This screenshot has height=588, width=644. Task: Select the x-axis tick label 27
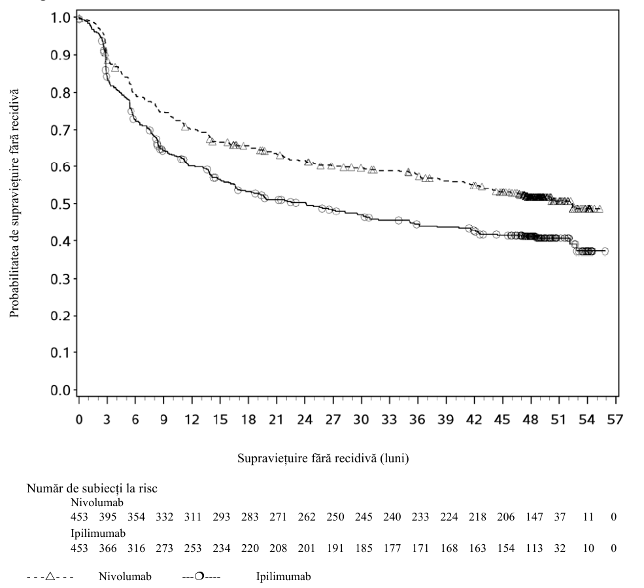click(x=333, y=420)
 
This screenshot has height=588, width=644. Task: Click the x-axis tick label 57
click(x=615, y=420)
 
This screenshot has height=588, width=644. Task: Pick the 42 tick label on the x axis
click(x=474, y=420)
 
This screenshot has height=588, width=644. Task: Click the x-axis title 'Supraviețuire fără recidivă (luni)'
click(x=323, y=458)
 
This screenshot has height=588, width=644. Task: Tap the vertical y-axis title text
click(x=14, y=203)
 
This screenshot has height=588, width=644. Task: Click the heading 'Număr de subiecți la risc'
click(x=92, y=488)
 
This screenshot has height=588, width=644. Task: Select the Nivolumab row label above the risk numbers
click(x=97, y=502)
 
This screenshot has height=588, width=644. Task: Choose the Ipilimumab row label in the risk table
click(x=98, y=534)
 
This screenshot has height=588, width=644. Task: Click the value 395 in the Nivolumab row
click(x=108, y=517)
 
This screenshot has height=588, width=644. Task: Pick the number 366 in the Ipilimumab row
click(x=108, y=548)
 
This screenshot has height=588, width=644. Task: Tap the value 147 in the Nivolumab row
click(x=534, y=517)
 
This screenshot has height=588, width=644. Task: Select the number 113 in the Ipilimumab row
click(x=534, y=548)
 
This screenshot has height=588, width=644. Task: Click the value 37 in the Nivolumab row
click(x=560, y=517)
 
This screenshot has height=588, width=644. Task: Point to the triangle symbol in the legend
click(x=50, y=576)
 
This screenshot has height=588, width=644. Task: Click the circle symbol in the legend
click(x=199, y=576)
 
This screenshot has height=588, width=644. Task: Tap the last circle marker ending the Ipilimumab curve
click(x=605, y=251)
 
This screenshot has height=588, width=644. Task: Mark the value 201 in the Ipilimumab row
click(x=307, y=548)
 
